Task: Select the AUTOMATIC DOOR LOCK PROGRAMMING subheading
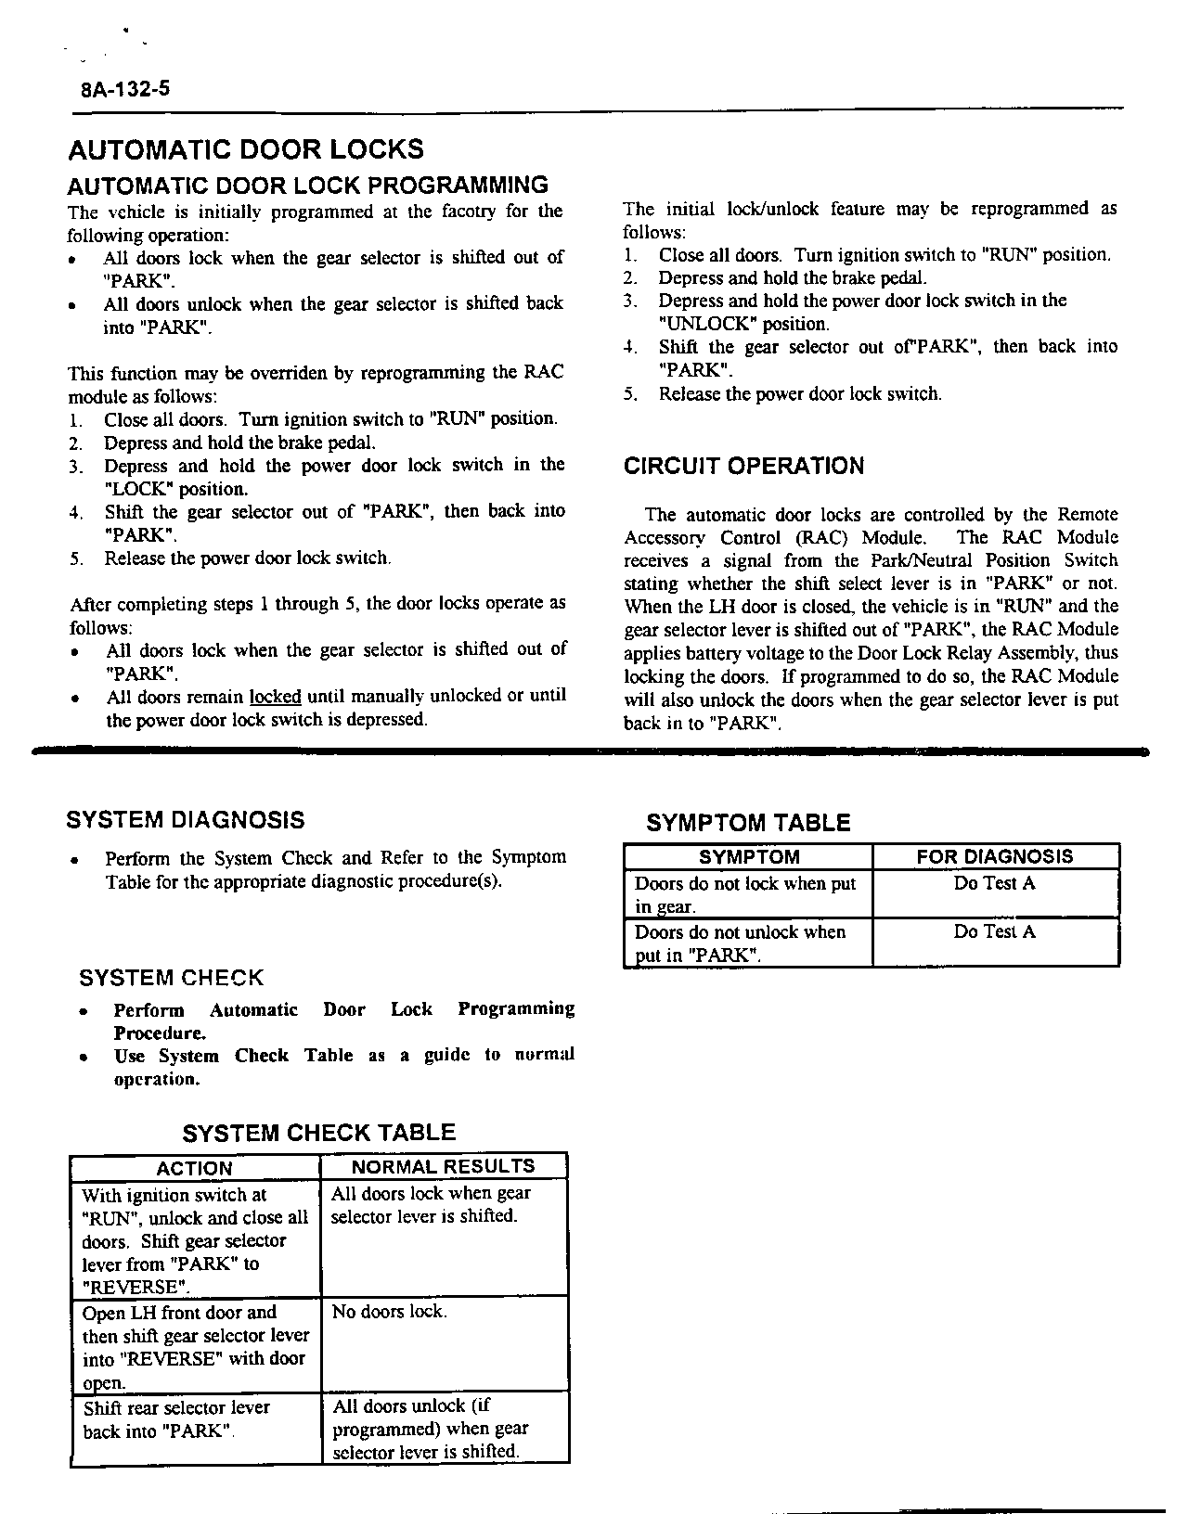pyautogui.click(x=307, y=185)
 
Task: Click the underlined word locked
pyautogui.click(x=275, y=696)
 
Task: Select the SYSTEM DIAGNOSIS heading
pyautogui.click(x=186, y=820)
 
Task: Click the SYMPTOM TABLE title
pyautogui.click(x=748, y=823)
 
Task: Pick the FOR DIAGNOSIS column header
pyautogui.click(x=994, y=857)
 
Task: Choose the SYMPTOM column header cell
pyautogui.click(x=748, y=857)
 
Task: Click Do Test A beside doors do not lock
pyautogui.click(x=994, y=884)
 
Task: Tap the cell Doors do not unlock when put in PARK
pyautogui.click(x=740, y=943)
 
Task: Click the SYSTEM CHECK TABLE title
pyautogui.click(x=318, y=1133)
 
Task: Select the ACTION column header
pyautogui.click(x=194, y=1168)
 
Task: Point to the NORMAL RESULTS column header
pyautogui.click(x=443, y=1167)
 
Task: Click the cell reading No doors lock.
pyautogui.click(x=389, y=1312)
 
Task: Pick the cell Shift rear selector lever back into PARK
pyautogui.click(x=175, y=1419)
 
